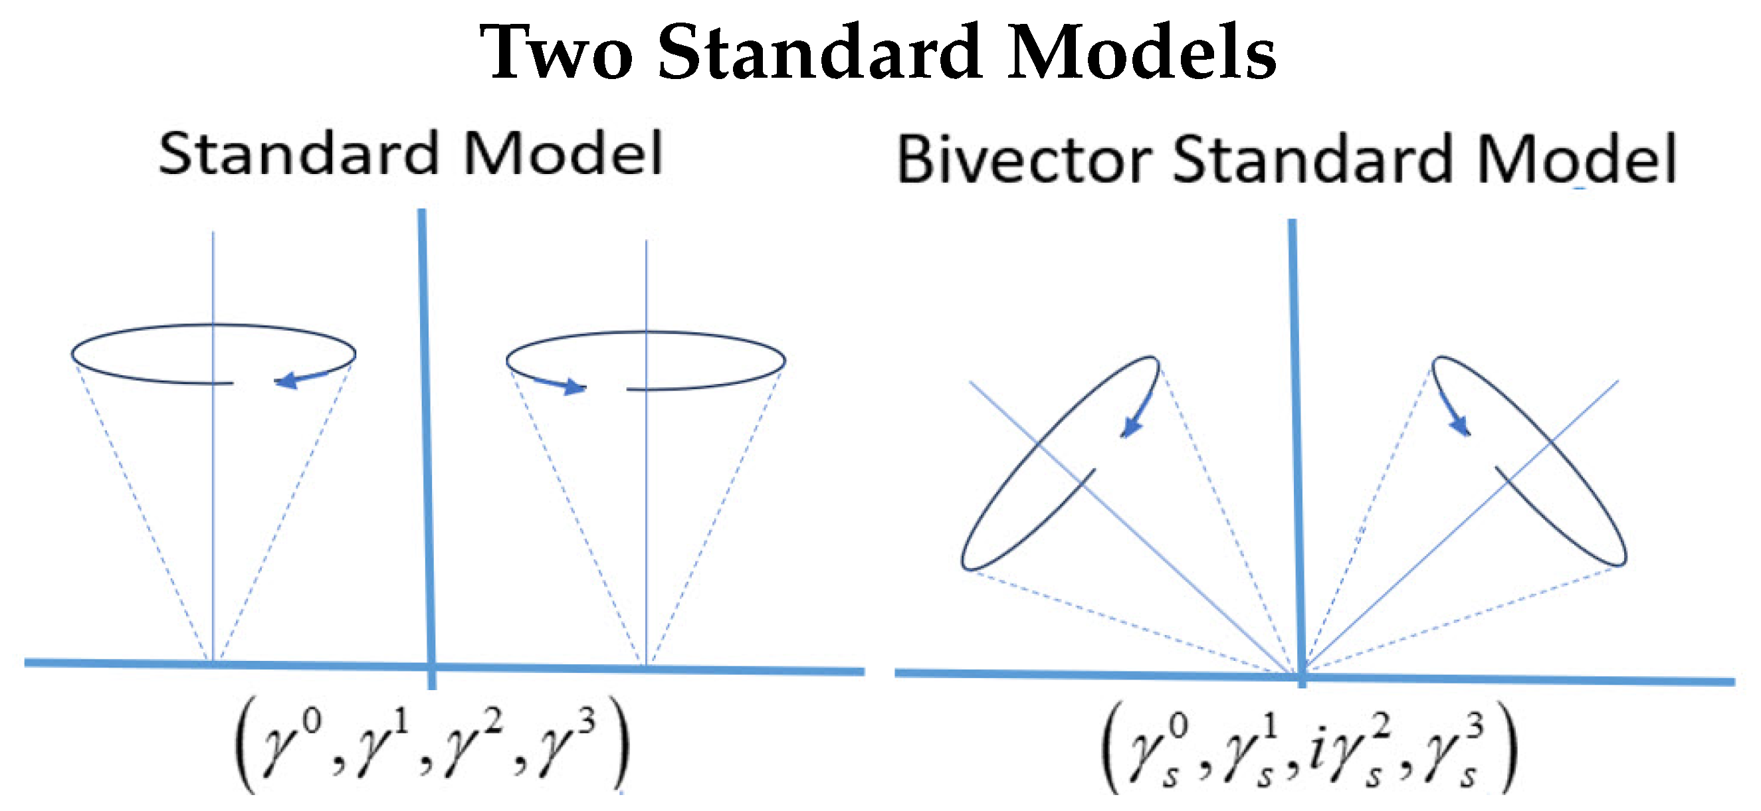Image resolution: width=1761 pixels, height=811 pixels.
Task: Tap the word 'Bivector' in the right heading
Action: pos(1023,159)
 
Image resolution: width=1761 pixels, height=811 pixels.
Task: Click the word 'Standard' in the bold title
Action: pos(820,52)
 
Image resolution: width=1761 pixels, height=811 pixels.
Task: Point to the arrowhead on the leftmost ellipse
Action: pos(287,381)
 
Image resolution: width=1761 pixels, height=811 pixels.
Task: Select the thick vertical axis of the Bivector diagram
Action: pos(1296,444)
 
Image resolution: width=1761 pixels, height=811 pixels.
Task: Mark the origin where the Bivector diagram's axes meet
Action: pos(1301,676)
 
